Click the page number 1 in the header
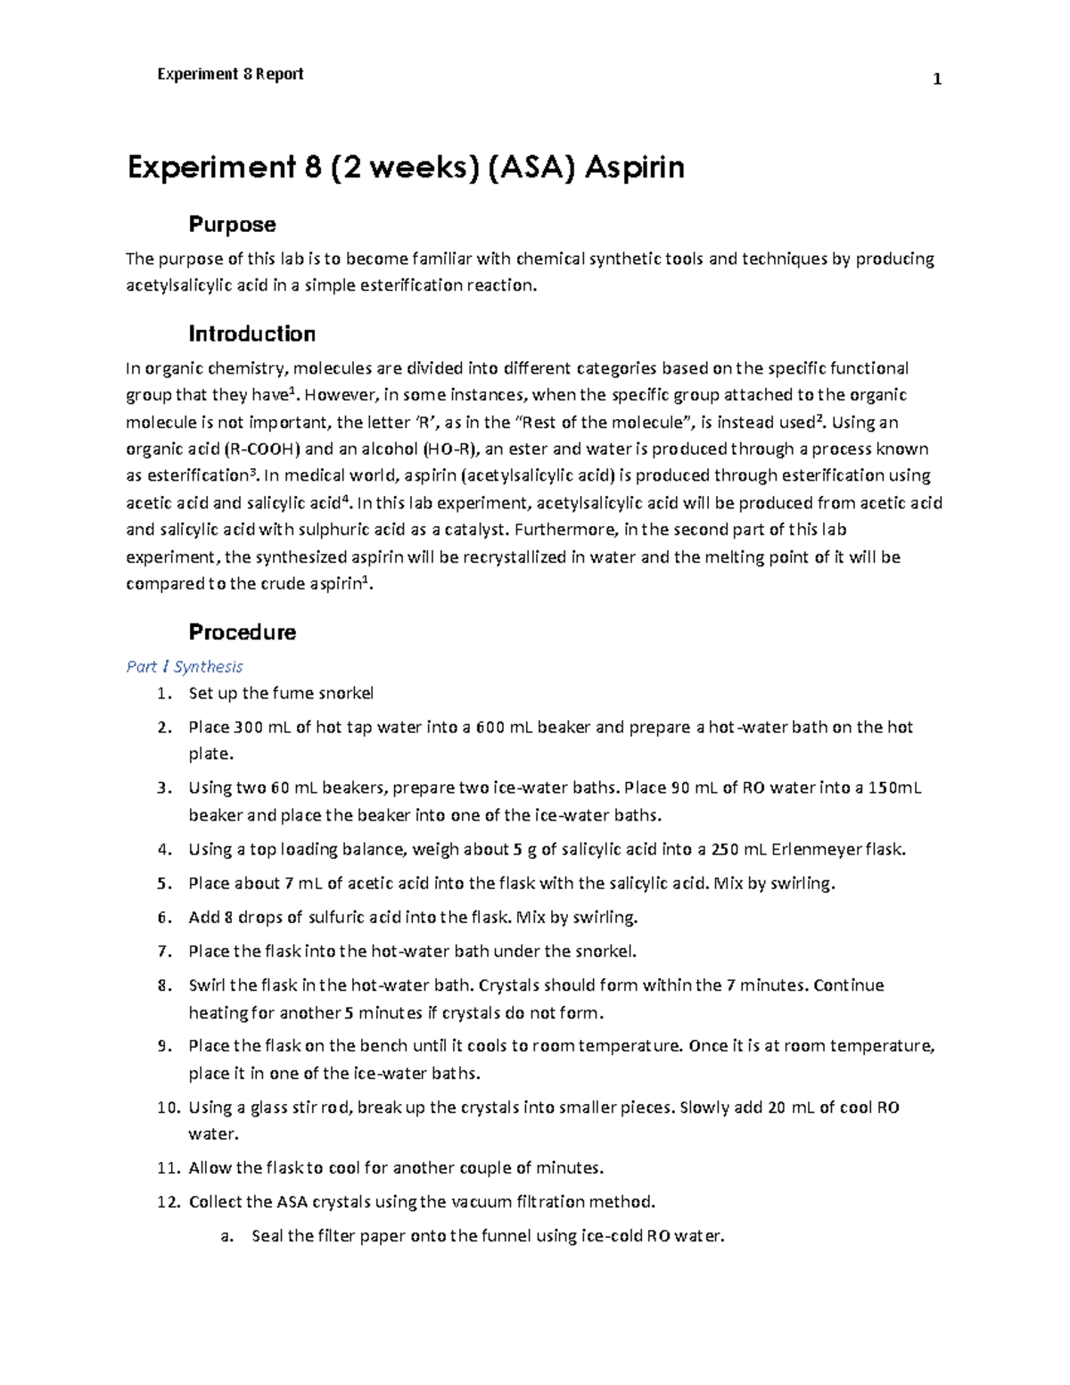point(937,80)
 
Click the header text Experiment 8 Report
point(230,74)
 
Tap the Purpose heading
point(232,224)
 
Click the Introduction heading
point(251,334)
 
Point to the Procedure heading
point(242,632)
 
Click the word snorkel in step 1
point(343,693)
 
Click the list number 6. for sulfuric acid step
point(163,918)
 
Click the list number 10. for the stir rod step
point(168,1108)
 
